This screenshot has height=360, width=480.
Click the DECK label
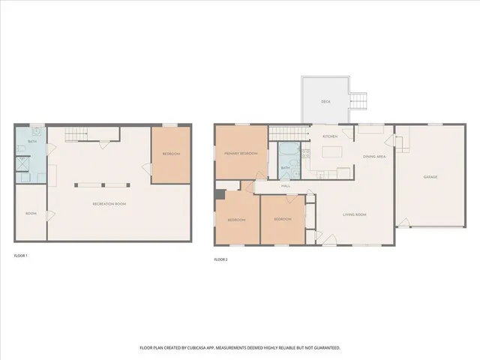[x=325, y=100]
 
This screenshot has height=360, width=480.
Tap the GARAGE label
[x=430, y=177]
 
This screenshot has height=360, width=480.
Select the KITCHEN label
[x=330, y=136]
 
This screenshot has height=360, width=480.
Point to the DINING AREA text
[x=374, y=156]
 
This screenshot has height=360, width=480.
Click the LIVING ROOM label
[x=355, y=214]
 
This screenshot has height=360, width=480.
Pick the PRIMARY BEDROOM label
[x=241, y=153]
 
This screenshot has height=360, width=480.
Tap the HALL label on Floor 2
[x=286, y=186]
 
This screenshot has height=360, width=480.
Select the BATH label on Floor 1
[x=32, y=141]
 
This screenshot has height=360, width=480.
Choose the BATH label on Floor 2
[x=285, y=168]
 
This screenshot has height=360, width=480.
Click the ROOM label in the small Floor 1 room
[x=31, y=214]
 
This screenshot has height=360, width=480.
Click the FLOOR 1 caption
[x=21, y=256]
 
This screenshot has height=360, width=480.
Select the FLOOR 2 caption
[x=220, y=259]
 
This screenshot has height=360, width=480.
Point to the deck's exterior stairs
[x=361, y=100]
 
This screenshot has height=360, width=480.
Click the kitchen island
[x=331, y=153]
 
